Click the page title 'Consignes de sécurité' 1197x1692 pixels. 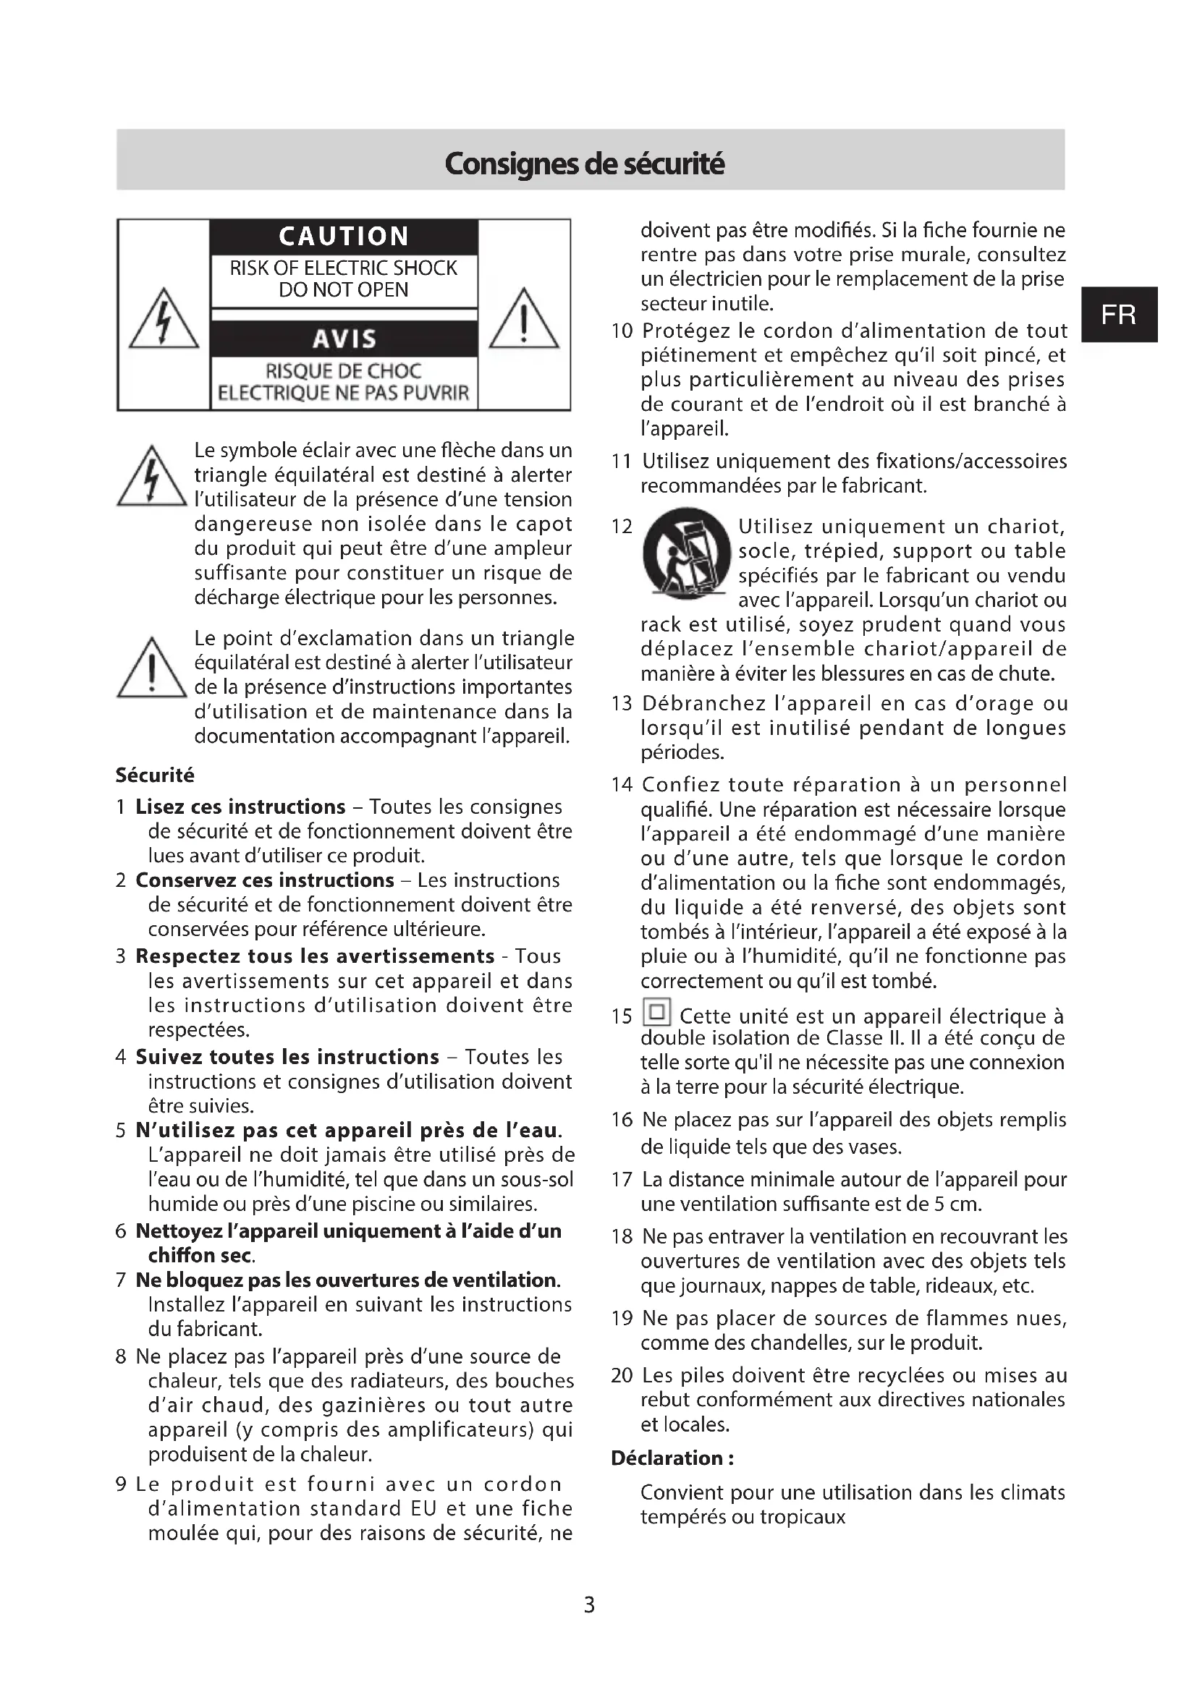585,163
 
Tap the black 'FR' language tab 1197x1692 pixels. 1118,315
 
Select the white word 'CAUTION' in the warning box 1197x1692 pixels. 344,236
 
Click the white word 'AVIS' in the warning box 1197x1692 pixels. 344,339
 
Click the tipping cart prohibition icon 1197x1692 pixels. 686,552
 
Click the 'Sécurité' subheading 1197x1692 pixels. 155,775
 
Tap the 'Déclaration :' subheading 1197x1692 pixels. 672,1458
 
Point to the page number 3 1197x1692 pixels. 589,1604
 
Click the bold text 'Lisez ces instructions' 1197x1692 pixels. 240,807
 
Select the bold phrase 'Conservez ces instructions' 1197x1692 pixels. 265,880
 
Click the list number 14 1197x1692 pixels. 622,785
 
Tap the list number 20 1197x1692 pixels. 622,1375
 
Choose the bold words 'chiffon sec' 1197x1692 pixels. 200,1255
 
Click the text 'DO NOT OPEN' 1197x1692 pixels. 344,289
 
